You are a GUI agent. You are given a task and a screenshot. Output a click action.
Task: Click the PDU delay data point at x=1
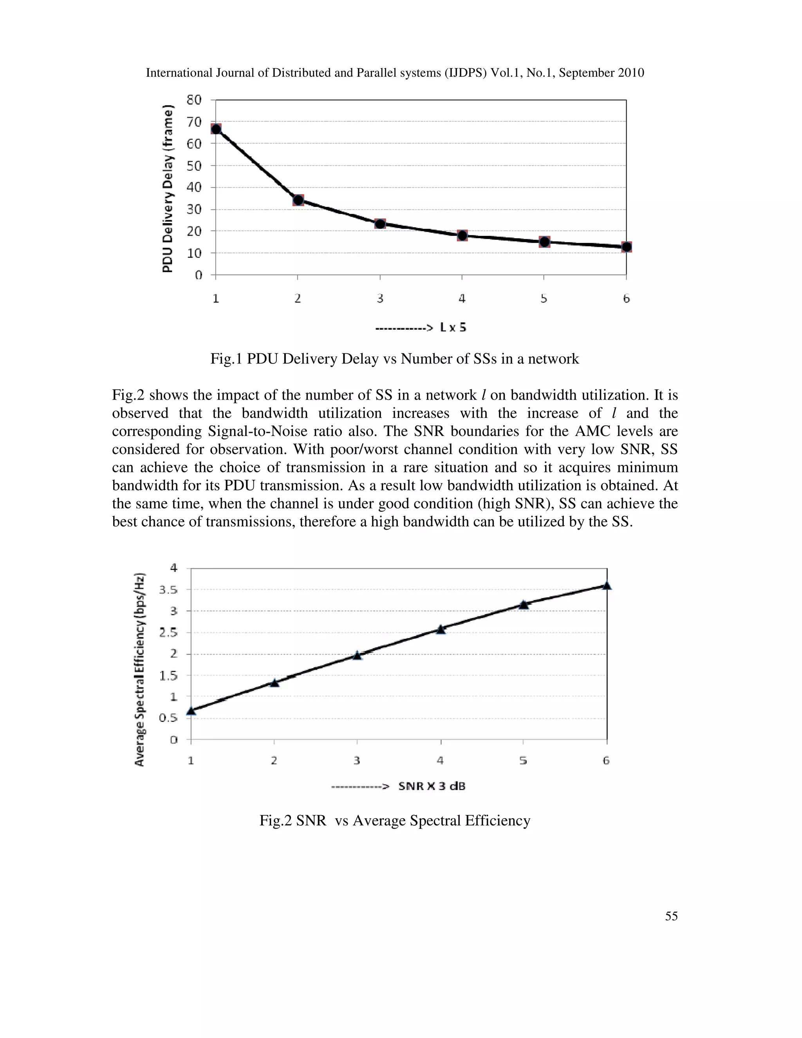pos(216,129)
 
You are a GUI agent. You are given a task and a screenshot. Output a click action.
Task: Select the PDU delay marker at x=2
pos(298,200)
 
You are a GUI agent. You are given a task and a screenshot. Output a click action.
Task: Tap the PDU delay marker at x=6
pos(627,247)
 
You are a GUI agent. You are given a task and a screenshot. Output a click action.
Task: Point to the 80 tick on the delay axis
pos(194,100)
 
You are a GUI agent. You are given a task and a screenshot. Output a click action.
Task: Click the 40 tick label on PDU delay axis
pos(194,187)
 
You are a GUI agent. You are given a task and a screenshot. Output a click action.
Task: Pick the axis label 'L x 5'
pos(453,327)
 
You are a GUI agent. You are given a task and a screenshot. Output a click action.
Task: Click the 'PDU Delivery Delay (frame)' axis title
pos(168,189)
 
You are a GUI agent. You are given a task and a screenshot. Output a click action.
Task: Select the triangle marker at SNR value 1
pos(191,711)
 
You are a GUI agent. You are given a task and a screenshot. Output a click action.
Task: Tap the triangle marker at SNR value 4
pos(441,629)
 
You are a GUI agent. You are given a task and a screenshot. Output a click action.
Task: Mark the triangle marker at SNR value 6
pos(607,586)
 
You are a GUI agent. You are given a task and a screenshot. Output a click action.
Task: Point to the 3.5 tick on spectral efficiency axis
pos(168,590)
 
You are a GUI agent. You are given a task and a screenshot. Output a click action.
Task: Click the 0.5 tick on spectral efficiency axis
pos(168,718)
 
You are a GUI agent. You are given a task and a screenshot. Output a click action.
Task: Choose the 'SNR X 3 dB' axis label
pos(432,786)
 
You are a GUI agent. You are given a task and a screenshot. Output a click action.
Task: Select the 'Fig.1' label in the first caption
pos(227,358)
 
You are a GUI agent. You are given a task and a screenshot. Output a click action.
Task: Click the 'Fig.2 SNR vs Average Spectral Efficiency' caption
pos(395,820)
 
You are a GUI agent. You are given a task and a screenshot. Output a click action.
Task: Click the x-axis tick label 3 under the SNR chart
pos(357,760)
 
